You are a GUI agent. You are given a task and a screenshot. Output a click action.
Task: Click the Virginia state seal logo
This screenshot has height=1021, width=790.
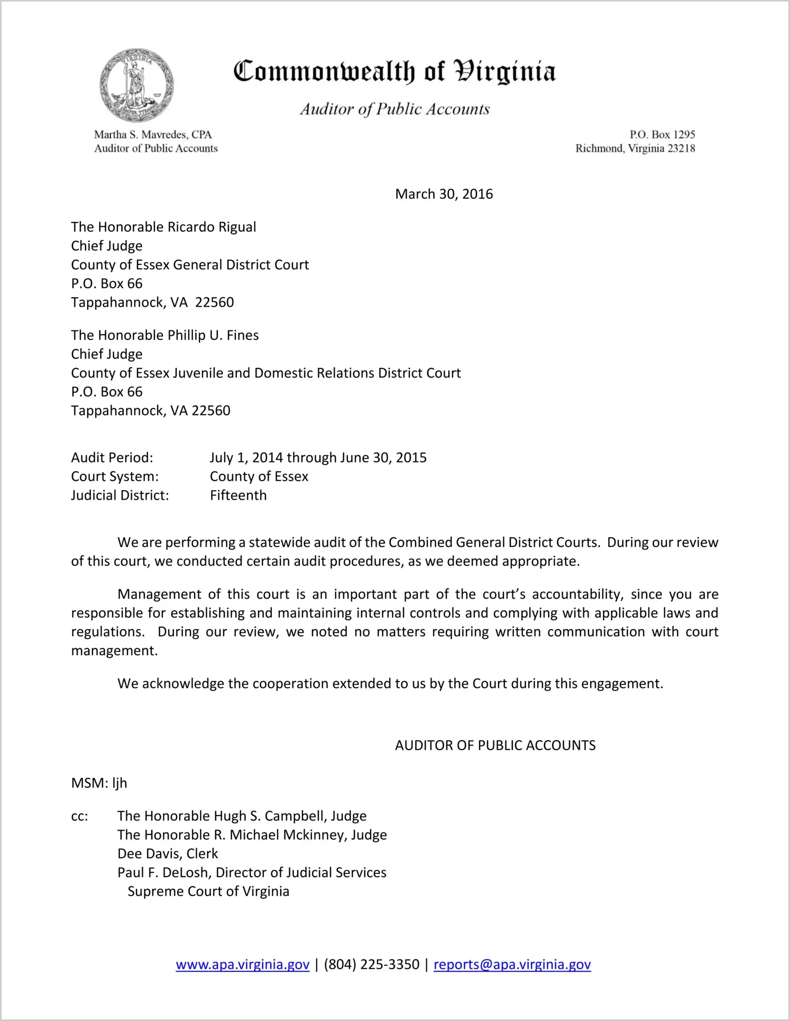coord(136,85)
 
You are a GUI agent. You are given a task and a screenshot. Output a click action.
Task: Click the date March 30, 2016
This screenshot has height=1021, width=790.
coord(444,194)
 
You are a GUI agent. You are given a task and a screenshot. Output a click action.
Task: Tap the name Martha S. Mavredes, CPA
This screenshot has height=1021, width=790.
coord(153,135)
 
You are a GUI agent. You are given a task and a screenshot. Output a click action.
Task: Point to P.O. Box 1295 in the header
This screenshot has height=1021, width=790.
coord(662,135)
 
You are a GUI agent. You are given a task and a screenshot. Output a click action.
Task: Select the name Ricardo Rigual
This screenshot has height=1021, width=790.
coord(212,227)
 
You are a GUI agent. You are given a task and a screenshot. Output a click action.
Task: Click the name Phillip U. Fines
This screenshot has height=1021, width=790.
coord(213,335)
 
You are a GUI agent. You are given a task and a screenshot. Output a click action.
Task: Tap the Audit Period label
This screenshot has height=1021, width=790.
coord(112,458)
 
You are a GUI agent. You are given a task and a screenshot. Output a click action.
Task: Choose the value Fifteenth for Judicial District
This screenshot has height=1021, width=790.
coord(238,495)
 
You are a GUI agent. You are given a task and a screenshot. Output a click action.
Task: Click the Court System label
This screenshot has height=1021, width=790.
coord(115,476)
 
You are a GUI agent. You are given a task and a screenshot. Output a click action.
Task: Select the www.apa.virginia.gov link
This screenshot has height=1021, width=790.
coord(242,965)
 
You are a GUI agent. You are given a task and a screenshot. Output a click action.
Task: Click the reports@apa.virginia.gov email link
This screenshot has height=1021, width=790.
coord(512,965)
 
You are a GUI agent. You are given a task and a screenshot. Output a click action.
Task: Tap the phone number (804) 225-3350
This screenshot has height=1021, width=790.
coord(371,965)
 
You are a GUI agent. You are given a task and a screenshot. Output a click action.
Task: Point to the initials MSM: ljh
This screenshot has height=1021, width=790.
coord(99,783)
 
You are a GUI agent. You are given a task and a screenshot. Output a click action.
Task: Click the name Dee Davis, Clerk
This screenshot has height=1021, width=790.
coord(168,854)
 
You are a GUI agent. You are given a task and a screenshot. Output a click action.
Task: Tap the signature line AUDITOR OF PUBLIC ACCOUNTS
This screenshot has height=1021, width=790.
coord(495,746)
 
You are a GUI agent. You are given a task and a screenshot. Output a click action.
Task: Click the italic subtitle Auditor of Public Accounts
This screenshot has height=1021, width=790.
coord(394,109)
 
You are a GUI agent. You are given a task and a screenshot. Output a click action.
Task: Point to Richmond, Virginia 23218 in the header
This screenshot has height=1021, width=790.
coord(635,149)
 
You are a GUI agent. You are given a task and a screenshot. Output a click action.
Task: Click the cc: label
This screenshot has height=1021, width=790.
coord(79,816)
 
